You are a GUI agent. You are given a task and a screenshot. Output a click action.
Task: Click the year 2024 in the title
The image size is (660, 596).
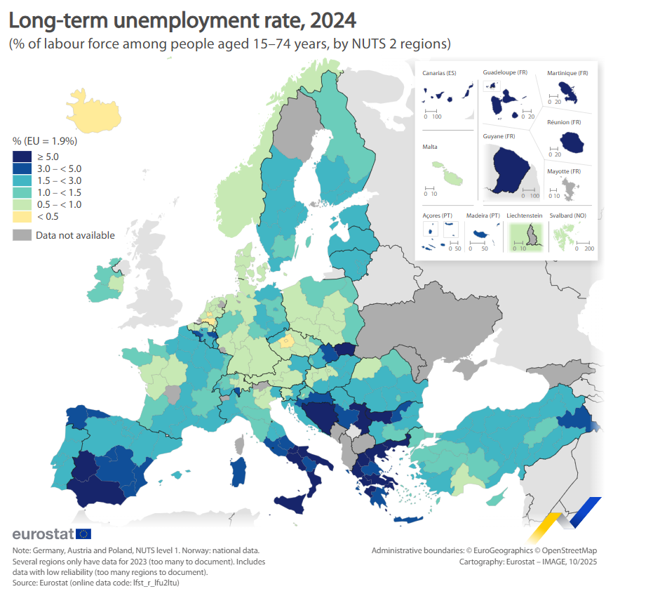pyautogui.click(x=329, y=19)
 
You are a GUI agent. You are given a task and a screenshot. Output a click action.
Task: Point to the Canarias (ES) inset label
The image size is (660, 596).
pyautogui.click(x=439, y=73)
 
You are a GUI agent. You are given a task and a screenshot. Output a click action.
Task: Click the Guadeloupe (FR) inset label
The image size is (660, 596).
pyautogui.click(x=505, y=73)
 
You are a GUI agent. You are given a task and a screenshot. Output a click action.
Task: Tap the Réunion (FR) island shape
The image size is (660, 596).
pyautogui.click(x=572, y=143)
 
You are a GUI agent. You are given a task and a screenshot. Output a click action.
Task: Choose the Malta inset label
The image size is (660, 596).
pyautogui.click(x=430, y=147)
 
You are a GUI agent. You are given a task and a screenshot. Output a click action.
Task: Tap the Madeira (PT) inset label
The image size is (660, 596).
pyautogui.click(x=483, y=216)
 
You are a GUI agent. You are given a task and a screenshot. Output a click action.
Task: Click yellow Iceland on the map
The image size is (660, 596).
pyautogui.click(x=95, y=110)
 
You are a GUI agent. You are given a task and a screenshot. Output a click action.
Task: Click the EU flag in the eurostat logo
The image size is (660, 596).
pyautogui.click(x=83, y=534)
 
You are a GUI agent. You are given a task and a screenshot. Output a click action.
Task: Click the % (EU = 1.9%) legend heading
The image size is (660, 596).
pyautogui.click(x=45, y=141)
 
